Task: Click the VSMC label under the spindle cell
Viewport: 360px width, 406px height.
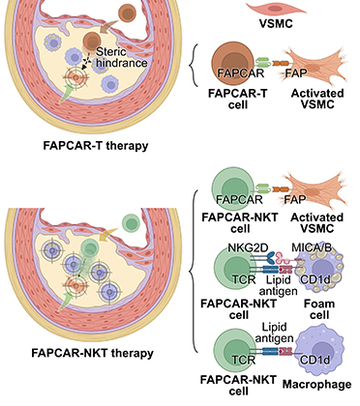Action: tap(276, 23)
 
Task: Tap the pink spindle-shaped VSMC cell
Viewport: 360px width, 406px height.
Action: tap(276, 9)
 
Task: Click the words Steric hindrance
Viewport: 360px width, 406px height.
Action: tap(121, 57)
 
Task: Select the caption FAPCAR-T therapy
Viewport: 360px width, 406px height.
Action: tap(96, 146)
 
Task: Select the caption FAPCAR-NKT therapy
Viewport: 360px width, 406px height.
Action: tap(92, 353)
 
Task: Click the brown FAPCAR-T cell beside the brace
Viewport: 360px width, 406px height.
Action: tap(232, 64)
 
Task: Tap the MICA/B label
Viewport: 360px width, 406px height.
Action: tap(312, 247)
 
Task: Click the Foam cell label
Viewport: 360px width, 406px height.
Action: tap(319, 309)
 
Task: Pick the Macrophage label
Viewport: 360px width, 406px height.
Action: tap(316, 384)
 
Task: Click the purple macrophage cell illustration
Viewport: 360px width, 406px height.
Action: tap(319, 348)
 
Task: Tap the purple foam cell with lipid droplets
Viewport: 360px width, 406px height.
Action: tap(319, 270)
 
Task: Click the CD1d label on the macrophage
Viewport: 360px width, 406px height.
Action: tap(315, 360)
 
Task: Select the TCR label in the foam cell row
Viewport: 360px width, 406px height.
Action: tap(244, 279)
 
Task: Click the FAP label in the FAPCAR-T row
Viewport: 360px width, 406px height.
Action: tap(295, 73)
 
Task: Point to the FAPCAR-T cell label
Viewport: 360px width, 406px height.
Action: tap(238, 99)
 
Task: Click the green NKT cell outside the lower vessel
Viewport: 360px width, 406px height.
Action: tap(131, 223)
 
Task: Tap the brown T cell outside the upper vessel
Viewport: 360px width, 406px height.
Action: tap(128, 13)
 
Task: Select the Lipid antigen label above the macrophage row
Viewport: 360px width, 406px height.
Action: tap(274, 333)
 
